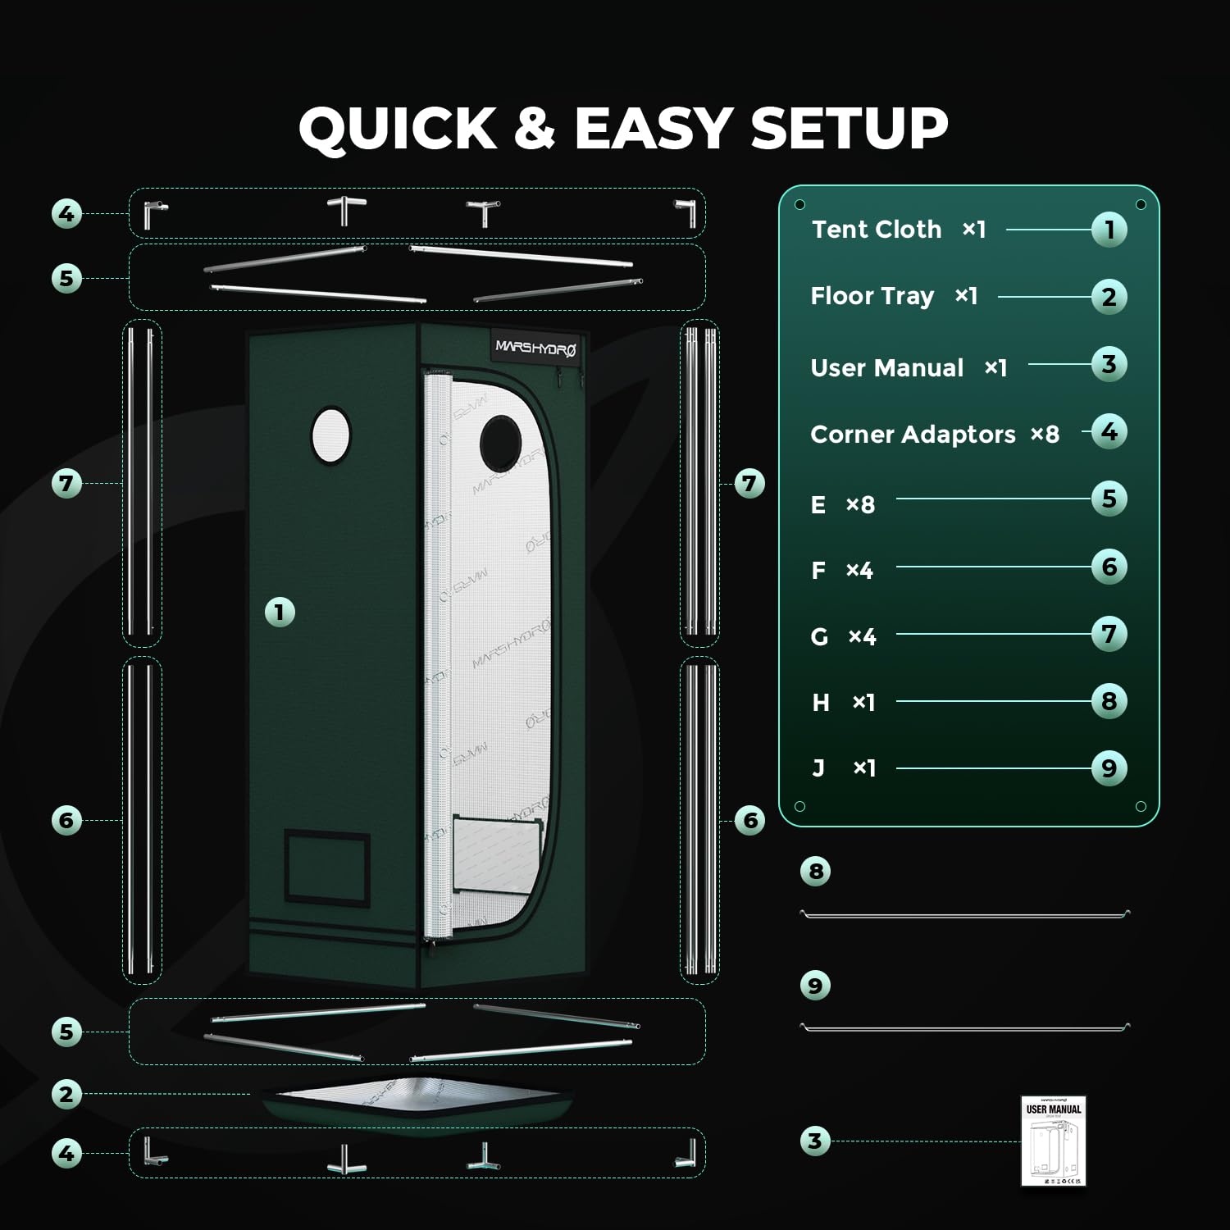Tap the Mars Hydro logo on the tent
point(535,348)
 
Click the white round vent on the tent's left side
point(330,435)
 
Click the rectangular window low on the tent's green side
point(326,866)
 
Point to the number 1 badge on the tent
point(280,612)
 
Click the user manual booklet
point(1053,1141)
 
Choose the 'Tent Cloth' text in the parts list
point(877,230)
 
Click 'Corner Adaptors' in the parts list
point(913,434)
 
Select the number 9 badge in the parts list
point(1109,768)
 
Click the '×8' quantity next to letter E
point(860,504)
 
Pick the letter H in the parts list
point(820,703)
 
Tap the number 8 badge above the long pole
point(815,871)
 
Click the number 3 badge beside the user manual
point(814,1141)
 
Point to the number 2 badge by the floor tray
point(66,1094)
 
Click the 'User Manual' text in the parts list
point(886,367)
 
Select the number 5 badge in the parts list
point(1109,499)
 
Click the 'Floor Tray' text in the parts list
point(872,296)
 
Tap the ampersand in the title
point(535,129)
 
